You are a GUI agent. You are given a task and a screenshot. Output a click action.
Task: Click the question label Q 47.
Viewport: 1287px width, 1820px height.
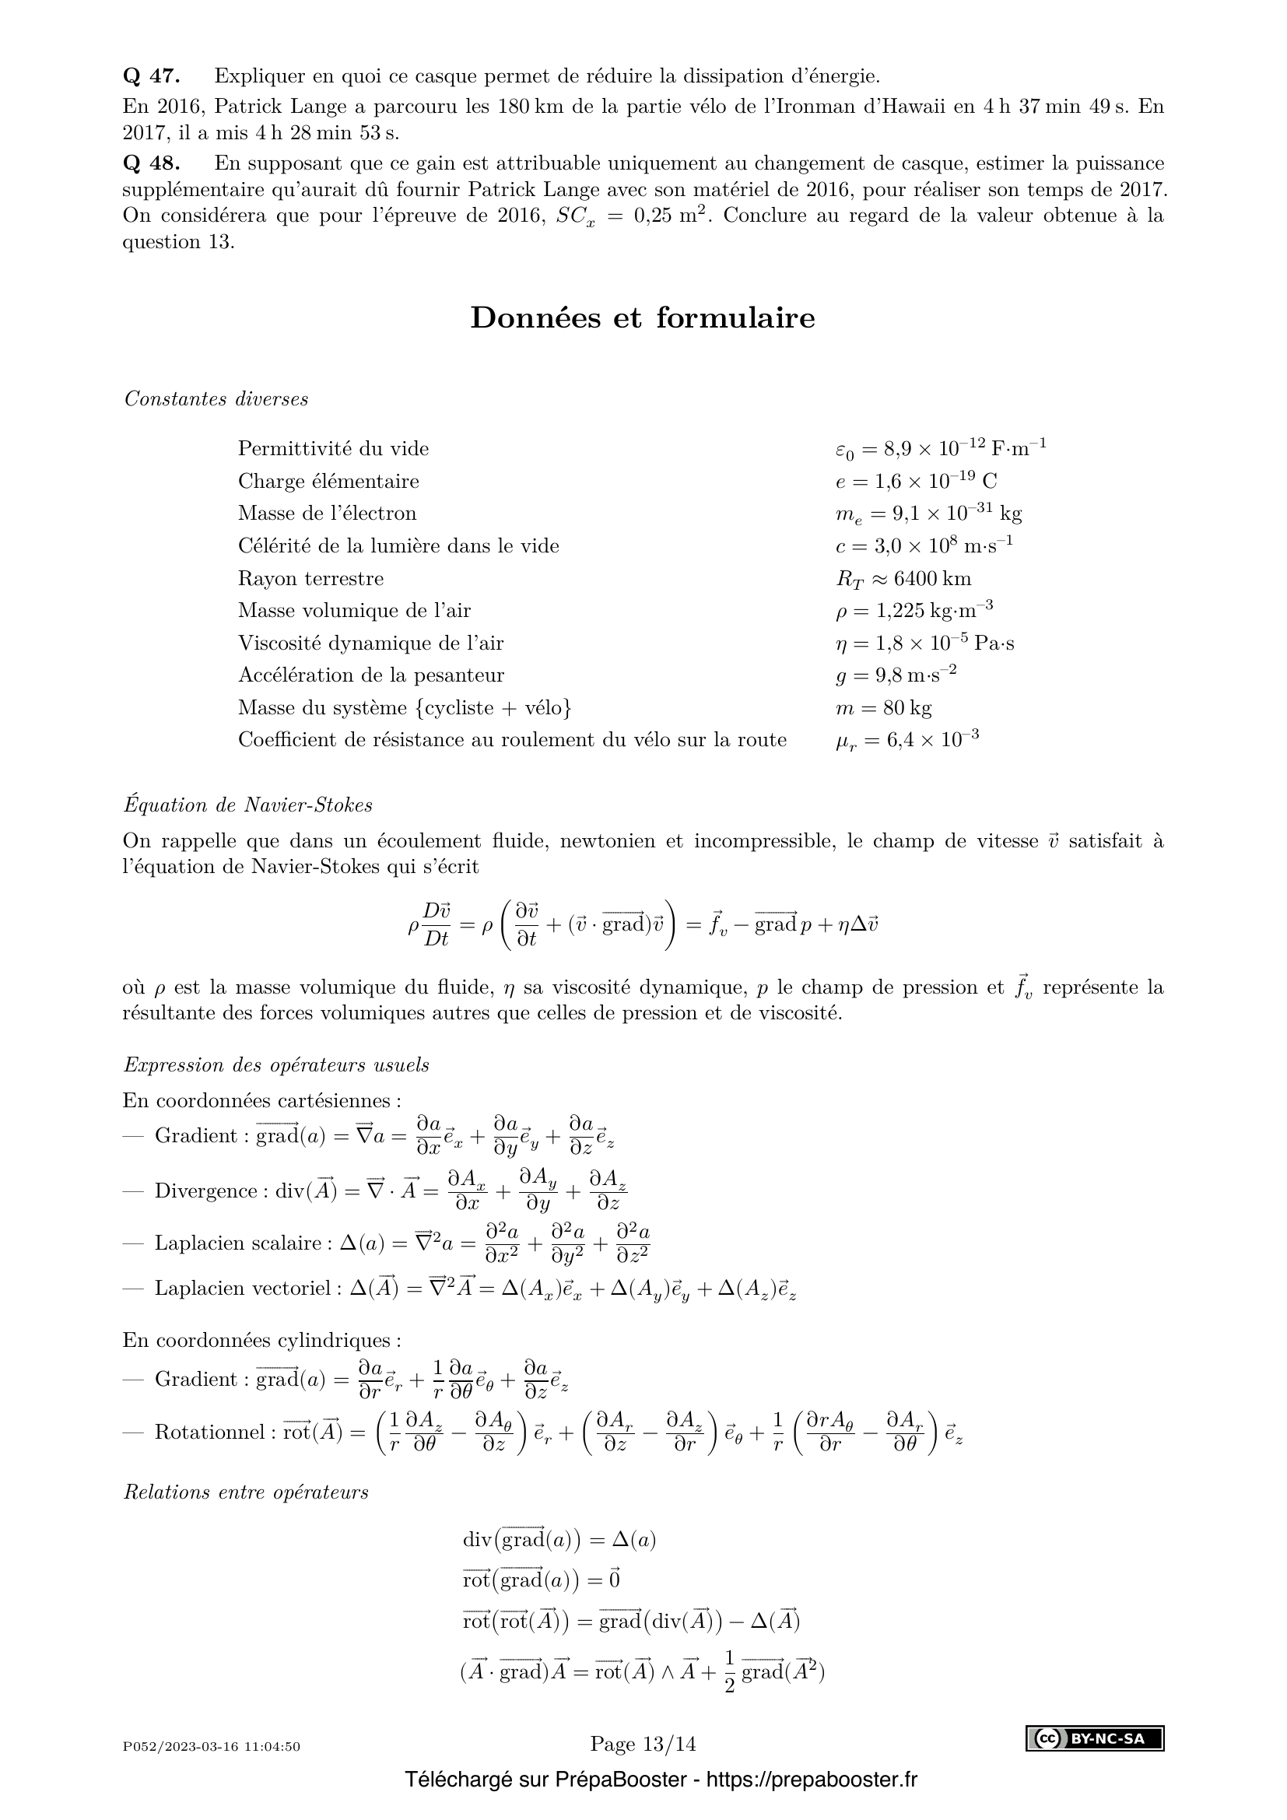coord(152,76)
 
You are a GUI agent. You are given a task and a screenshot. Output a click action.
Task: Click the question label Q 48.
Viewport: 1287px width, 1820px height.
coord(152,163)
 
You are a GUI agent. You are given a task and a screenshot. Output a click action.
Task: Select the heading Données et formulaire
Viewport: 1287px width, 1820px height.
coord(643,318)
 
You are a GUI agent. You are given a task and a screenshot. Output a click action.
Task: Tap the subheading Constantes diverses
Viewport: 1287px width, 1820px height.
coord(216,398)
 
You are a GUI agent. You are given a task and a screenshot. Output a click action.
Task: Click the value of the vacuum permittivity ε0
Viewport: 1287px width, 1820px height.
coord(941,449)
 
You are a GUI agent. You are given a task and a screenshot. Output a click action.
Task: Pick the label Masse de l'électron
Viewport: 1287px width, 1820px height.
coord(328,514)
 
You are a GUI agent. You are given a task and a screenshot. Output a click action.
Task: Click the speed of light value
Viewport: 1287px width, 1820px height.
coord(924,546)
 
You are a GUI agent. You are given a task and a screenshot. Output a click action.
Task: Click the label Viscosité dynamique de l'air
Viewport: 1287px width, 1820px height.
coord(370,643)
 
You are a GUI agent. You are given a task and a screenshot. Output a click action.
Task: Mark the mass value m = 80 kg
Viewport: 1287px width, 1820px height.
coord(877,708)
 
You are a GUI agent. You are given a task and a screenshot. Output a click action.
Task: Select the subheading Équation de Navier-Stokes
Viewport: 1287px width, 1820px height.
coord(248,805)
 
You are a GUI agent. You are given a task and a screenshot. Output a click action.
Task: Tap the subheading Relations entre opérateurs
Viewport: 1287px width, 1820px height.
coord(247,1492)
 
